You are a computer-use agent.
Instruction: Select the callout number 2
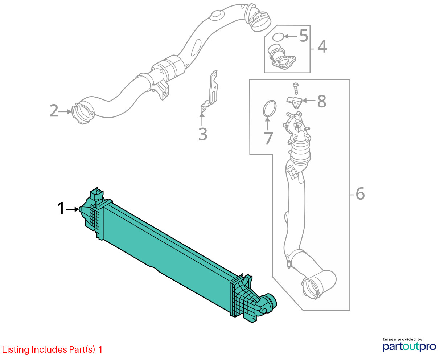point(54,111)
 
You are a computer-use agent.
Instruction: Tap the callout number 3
point(203,134)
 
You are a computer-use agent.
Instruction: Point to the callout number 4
point(322,47)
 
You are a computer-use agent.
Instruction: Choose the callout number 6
point(360,194)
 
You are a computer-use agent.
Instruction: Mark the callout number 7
point(268,138)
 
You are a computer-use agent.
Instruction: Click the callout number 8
point(321,102)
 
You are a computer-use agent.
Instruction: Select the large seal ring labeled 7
point(269,109)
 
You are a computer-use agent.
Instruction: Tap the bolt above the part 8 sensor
point(296,87)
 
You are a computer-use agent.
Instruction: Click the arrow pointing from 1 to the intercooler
point(72,209)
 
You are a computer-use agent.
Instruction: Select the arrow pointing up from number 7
point(267,123)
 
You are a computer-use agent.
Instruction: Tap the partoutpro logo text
point(409,346)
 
